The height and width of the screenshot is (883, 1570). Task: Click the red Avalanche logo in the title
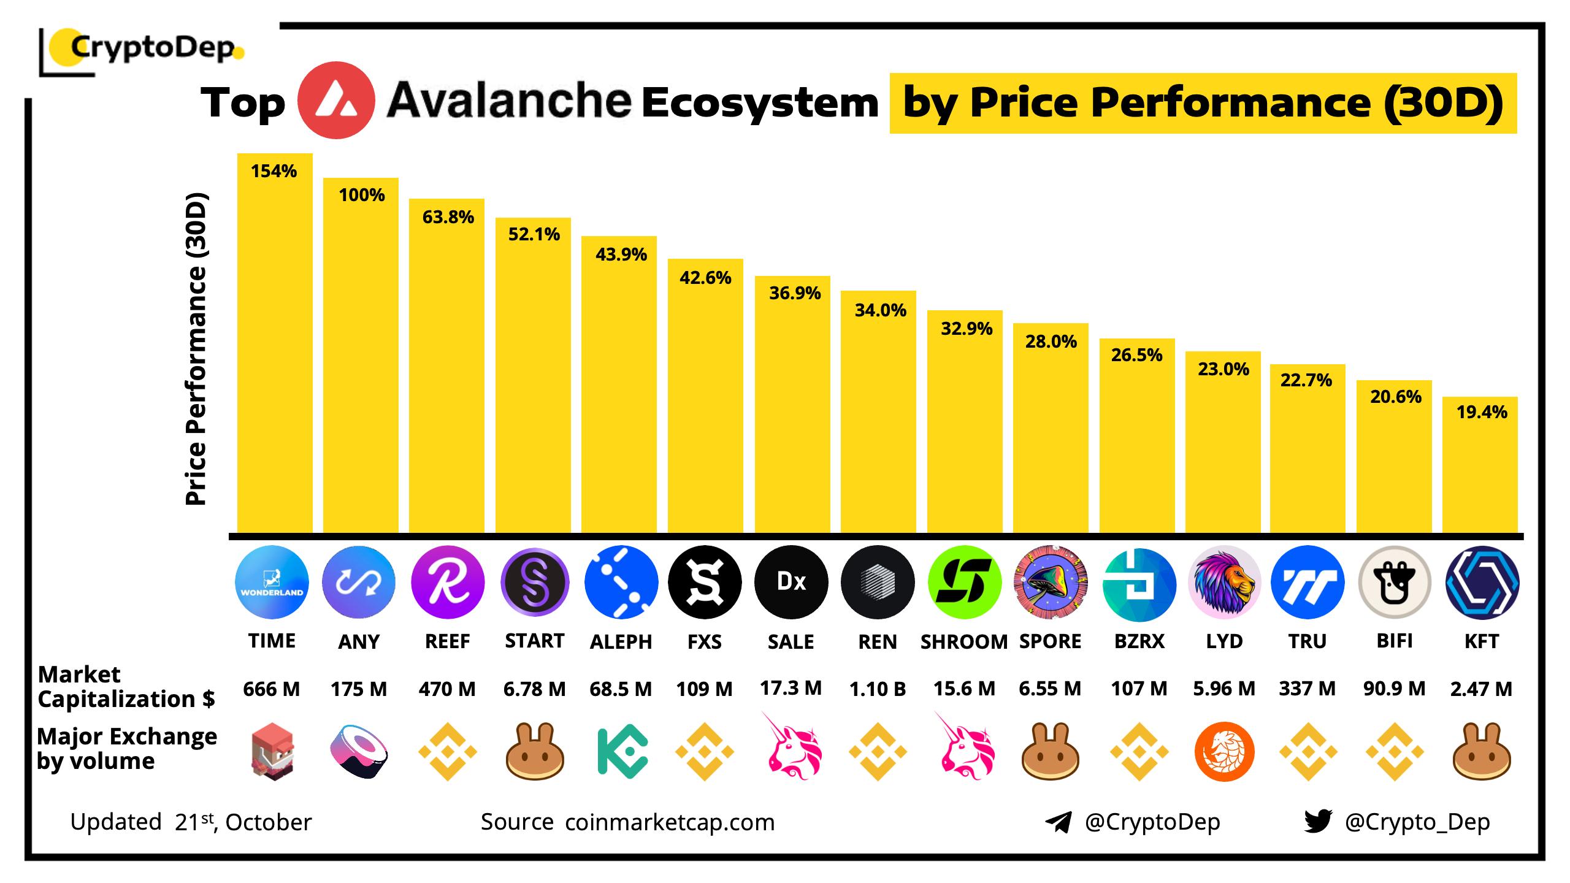336,101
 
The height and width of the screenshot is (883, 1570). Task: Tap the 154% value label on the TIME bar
274,171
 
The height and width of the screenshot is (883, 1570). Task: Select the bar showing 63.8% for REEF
446,368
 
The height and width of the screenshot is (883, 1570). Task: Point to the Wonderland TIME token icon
272,582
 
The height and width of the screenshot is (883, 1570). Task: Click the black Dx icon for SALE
791,582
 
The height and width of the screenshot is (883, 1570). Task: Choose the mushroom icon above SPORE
1051,582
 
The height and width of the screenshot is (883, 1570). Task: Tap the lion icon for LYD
1224,582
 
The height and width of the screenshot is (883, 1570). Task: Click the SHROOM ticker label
964,641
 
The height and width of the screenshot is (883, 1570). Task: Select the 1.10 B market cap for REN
878,689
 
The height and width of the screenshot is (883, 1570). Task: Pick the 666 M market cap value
272,689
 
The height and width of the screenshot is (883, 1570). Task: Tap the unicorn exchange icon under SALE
792,749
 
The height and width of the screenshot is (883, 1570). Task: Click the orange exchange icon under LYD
1224,752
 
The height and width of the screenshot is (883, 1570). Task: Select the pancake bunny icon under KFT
1482,752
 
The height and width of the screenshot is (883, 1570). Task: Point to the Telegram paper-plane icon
1059,822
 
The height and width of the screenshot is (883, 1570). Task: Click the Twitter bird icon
1318,821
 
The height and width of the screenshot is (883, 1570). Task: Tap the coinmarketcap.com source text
670,822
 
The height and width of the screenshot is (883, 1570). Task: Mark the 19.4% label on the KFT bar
1482,412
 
